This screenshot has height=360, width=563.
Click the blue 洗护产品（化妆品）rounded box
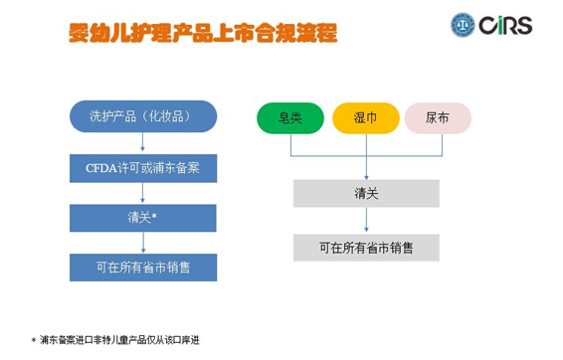[143, 116]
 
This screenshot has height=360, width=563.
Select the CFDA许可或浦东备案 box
[143, 166]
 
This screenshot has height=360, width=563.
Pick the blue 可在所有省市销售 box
[143, 267]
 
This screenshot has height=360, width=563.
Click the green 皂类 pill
[290, 117]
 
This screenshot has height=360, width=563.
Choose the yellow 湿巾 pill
[365, 117]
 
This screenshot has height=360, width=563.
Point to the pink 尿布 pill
[438, 117]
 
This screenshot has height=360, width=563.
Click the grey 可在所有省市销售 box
[366, 247]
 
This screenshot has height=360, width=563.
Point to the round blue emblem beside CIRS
[465, 24]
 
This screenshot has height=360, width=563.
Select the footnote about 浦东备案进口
[120, 340]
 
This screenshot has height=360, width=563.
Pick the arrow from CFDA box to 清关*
[143, 192]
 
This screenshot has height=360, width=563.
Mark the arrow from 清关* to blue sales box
[143, 242]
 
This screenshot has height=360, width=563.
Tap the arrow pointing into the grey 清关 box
[366, 168]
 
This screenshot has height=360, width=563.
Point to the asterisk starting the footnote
[33, 340]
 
